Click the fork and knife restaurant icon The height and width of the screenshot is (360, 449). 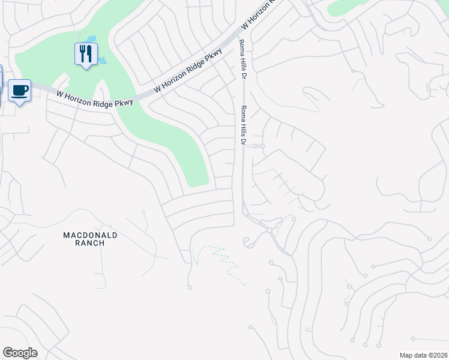point(86,53)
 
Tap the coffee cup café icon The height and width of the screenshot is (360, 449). point(19,90)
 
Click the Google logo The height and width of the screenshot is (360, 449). point(20,352)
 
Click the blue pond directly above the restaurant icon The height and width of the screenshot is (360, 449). point(91,40)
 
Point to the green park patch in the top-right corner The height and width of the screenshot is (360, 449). point(348,6)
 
